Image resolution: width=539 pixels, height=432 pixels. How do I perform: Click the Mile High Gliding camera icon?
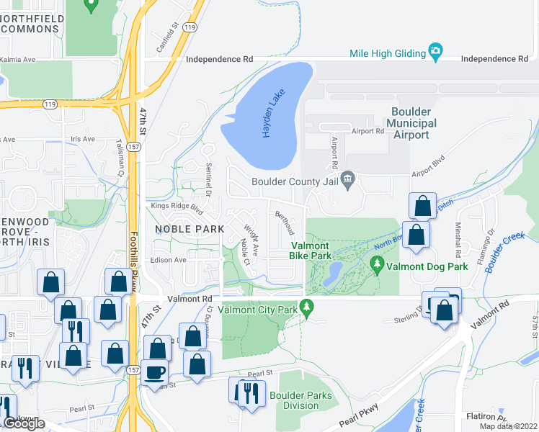coord(435,52)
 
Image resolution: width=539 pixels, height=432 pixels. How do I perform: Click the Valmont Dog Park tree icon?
coord(377,265)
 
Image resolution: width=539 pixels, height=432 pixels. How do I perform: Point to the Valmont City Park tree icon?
coord(308,306)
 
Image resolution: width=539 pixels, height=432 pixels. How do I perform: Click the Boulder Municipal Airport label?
coord(411,123)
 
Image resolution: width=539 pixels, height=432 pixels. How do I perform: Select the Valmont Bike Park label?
coord(311,250)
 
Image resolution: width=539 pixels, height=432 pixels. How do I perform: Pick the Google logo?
coord(24,423)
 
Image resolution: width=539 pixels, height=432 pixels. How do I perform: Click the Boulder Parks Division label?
coord(301,400)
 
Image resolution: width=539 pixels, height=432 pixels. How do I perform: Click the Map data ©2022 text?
coord(509,426)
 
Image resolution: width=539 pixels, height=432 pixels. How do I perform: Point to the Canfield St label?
coord(166,41)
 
